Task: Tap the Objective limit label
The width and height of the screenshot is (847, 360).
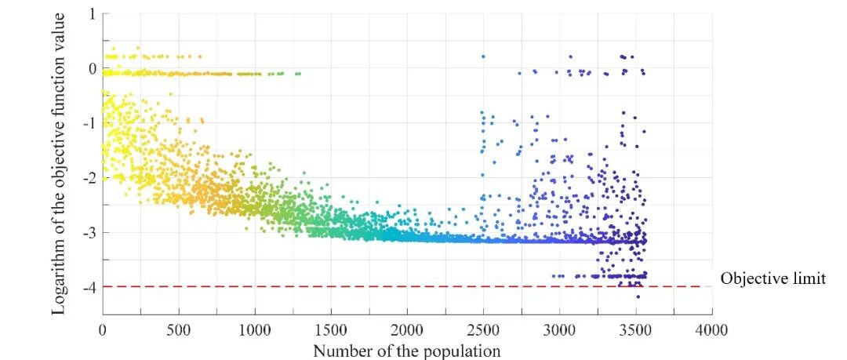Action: tap(772, 278)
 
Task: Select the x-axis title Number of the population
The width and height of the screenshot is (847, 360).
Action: tap(406, 350)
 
